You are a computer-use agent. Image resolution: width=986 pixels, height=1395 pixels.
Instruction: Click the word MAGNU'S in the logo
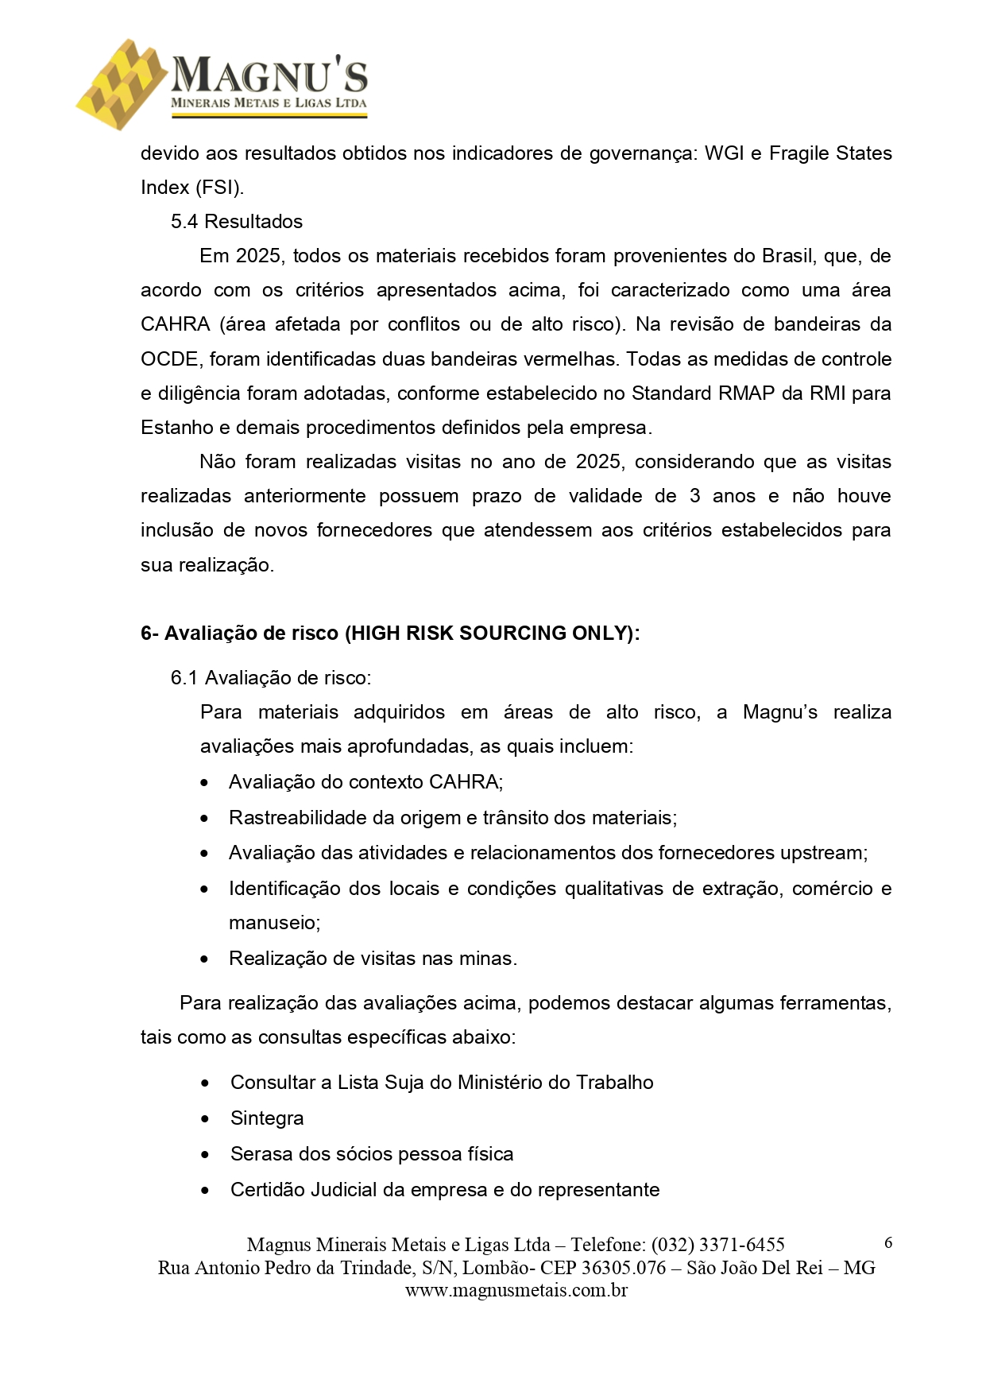(x=269, y=76)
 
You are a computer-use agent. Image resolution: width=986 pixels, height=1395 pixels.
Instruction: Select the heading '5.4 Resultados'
(x=237, y=222)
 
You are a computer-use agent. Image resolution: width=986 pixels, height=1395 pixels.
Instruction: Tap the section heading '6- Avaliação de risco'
(x=389, y=634)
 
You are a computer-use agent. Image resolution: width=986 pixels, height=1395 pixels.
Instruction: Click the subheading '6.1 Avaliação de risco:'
(x=271, y=678)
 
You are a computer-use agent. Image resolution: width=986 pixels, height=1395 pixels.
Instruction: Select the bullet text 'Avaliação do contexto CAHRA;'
(x=365, y=782)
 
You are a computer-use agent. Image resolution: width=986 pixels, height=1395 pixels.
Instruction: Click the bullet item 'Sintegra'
(x=267, y=1118)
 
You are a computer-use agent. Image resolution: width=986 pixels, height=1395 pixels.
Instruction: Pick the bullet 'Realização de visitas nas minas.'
(x=373, y=959)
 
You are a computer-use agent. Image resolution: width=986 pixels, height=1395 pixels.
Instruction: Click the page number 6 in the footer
(x=887, y=1243)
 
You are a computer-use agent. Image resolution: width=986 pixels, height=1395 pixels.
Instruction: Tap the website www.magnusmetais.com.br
(x=516, y=1291)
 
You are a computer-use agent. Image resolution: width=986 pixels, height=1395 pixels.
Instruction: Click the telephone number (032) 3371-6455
(x=717, y=1245)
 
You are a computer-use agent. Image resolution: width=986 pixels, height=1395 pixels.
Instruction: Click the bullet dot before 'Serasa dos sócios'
(x=206, y=1155)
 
